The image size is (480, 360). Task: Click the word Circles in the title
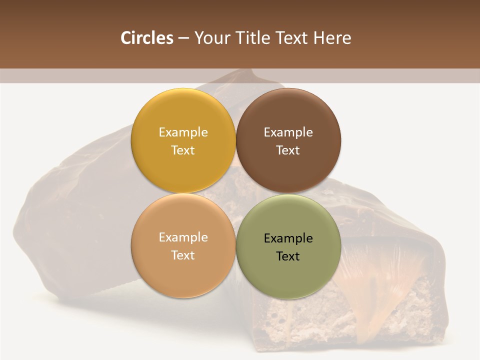(146, 38)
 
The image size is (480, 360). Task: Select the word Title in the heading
(251, 38)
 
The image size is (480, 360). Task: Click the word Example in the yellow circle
(183, 132)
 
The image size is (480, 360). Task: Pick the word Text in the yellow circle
(183, 150)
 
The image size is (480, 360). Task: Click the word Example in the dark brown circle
(288, 132)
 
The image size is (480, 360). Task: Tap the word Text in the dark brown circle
(288, 150)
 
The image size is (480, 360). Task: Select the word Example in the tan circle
(183, 237)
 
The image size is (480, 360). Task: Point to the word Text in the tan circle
(183, 255)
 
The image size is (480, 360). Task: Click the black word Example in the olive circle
(288, 238)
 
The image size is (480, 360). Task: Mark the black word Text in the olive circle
(288, 256)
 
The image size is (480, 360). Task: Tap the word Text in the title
(292, 38)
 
